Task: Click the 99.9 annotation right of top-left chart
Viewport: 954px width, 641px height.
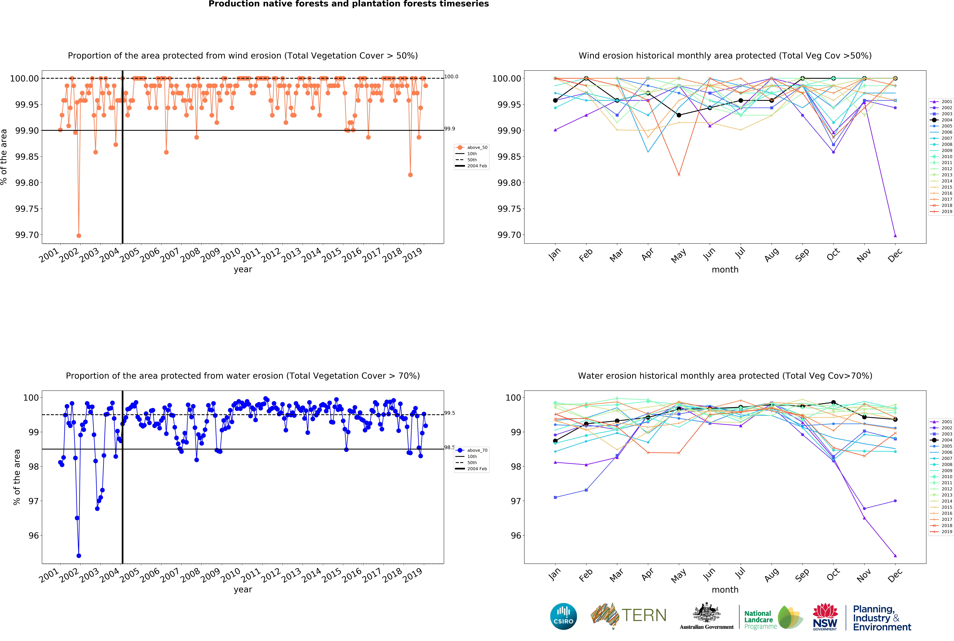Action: click(450, 129)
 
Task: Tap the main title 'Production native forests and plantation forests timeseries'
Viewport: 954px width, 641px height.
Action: click(349, 4)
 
